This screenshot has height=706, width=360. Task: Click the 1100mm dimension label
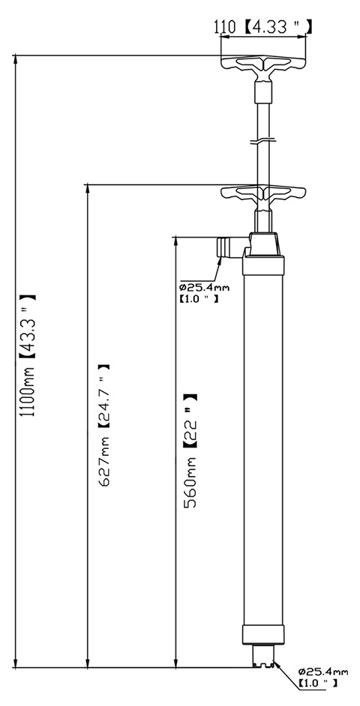click(29, 393)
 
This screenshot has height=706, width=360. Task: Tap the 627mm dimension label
click(104, 461)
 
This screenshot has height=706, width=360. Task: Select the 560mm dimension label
click(190, 482)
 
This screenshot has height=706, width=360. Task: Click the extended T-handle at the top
click(263, 67)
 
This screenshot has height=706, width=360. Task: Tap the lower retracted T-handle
click(263, 195)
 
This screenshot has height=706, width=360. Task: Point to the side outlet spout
click(231, 247)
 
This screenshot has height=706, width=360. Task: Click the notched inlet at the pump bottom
click(263, 656)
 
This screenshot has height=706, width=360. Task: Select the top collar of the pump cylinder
click(263, 265)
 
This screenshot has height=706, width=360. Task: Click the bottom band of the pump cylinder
click(263, 635)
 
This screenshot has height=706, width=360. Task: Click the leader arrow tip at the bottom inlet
click(274, 662)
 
